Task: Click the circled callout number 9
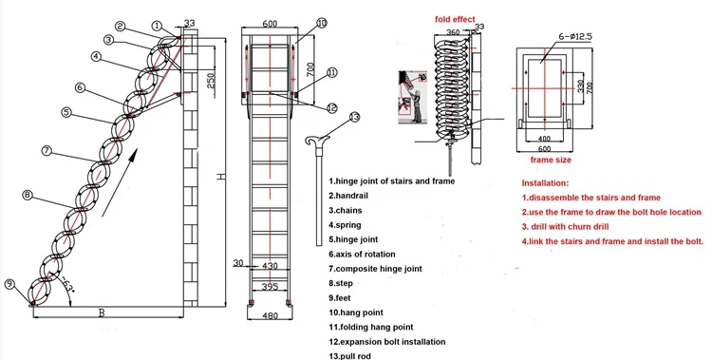pos(9,283)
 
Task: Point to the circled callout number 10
pos(321,22)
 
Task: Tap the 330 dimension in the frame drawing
pos(579,86)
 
